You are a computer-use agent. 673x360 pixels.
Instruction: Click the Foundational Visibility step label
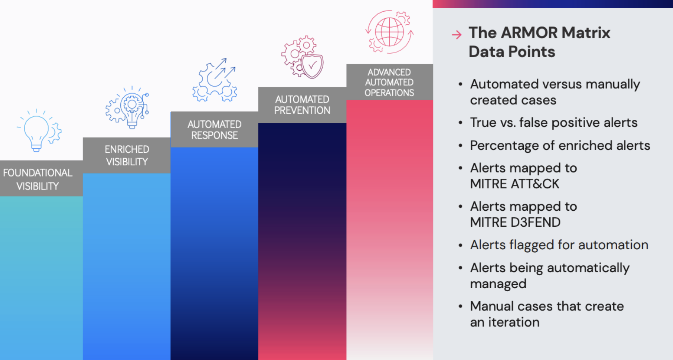(38, 179)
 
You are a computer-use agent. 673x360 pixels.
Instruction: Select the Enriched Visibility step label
(127, 155)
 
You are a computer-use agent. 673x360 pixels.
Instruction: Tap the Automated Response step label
(215, 130)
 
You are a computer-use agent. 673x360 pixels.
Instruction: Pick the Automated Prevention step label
(302, 105)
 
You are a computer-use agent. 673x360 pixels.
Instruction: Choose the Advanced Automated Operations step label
(389, 82)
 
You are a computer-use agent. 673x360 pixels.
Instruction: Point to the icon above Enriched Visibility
(127, 107)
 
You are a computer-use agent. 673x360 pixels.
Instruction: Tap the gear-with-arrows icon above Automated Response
(215, 80)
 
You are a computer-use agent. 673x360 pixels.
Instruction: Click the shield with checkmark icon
(311, 66)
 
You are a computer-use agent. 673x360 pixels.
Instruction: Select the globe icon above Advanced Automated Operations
(389, 32)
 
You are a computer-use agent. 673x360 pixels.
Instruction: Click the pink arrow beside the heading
(457, 35)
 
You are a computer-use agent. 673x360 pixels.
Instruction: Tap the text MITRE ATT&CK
(515, 184)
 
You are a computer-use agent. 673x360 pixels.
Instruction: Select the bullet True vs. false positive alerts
(554, 122)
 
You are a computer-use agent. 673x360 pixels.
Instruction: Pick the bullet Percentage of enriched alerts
(560, 145)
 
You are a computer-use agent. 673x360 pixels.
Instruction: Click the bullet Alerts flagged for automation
(559, 245)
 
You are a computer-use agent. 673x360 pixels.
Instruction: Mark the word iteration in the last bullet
(513, 322)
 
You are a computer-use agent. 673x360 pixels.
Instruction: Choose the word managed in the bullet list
(498, 284)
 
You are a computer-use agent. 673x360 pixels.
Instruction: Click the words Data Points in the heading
(512, 52)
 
